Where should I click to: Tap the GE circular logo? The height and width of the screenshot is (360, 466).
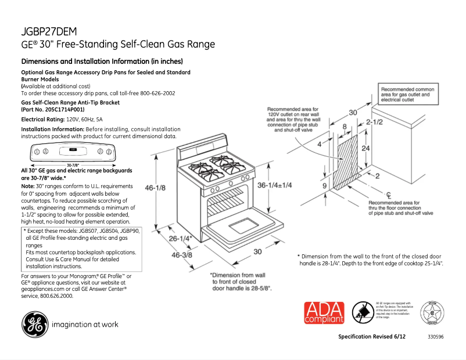[35, 324]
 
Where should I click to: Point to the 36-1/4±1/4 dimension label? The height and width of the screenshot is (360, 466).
[275, 185]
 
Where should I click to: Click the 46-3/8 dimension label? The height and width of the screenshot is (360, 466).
[182, 254]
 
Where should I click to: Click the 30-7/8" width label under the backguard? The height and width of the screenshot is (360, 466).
[73, 164]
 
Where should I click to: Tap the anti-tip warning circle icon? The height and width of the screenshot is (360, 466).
[364, 312]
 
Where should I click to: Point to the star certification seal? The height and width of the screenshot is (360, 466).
[431, 314]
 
